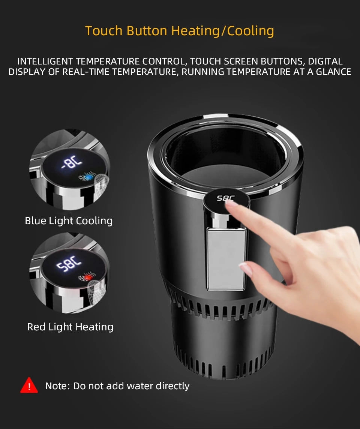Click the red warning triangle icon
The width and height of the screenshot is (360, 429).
[x=29, y=386]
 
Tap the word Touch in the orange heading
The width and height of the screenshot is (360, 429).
[x=103, y=31]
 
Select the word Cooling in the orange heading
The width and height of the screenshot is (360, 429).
[x=250, y=31]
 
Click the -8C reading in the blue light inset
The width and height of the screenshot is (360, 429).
[x=72, y=162]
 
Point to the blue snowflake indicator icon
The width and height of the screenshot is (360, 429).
[x=87, y=177]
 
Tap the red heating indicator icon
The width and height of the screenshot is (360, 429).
[x=87, y=277]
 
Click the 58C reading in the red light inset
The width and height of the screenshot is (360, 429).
[x=69, y=264]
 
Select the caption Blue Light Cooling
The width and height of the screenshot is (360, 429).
[x=69, y=221]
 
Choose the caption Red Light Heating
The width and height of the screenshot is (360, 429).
[x=70, y=327]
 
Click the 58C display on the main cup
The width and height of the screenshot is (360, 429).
[x=225, y=198]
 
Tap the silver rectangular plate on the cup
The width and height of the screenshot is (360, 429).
[x=226, y=259]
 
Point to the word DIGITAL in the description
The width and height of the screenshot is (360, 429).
[x=325, y=61]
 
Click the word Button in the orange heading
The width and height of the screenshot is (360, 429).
[x=147, y=31]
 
